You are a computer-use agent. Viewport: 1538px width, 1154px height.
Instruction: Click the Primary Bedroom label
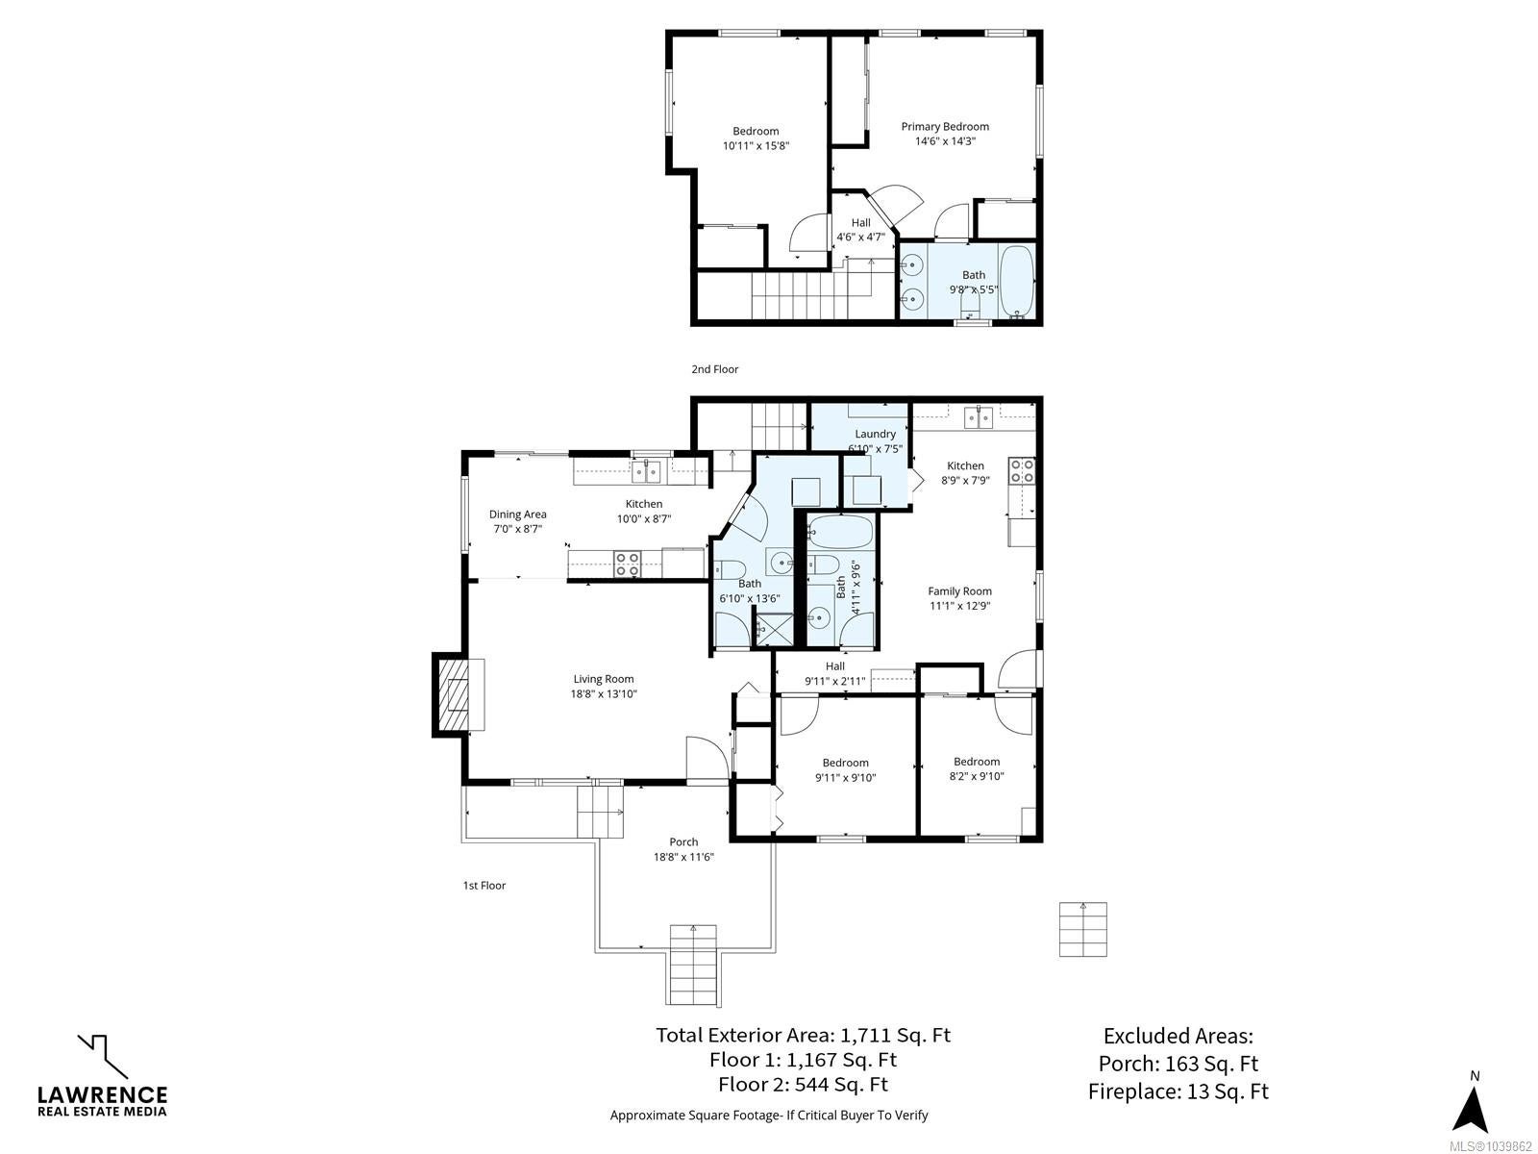945,126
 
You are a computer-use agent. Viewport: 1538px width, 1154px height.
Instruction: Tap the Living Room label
604,678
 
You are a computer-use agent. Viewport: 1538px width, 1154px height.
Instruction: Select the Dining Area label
518,514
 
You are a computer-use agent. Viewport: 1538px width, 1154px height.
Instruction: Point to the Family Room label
959,591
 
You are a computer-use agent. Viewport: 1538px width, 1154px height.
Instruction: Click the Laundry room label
875,434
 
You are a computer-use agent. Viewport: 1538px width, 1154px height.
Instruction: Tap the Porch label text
683,842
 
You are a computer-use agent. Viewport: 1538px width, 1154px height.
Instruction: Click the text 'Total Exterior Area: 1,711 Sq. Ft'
803,1035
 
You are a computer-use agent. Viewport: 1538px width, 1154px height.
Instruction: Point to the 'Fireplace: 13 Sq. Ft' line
1178,1091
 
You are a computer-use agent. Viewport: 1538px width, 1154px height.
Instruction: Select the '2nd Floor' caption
715,369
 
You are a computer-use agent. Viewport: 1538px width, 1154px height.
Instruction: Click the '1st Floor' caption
484,885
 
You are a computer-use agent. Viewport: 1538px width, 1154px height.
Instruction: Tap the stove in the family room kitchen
1022,471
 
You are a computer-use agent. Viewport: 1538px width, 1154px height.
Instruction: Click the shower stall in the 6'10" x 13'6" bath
773,629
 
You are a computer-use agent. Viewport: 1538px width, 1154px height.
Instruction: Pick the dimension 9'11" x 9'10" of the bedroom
845,778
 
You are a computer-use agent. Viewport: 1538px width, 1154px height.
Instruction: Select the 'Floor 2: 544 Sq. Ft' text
803,1085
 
